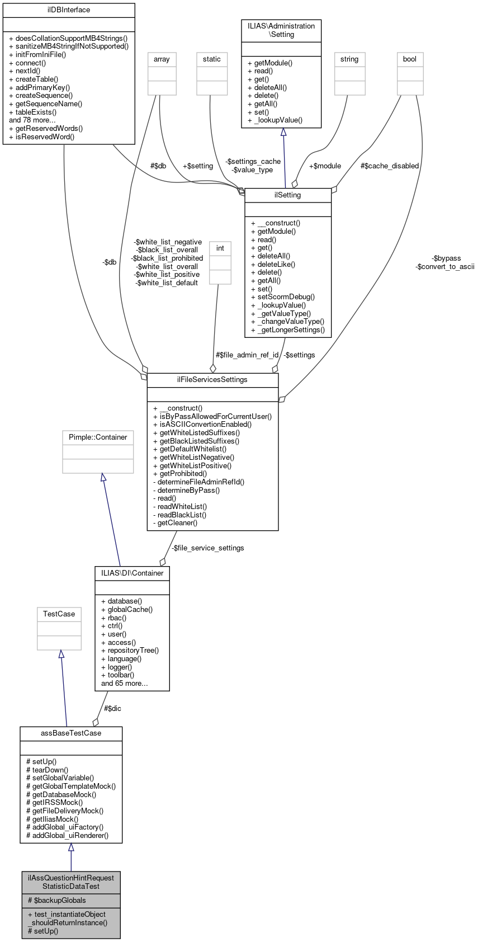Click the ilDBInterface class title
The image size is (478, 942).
point(69,10)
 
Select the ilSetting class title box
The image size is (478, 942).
point(288,195)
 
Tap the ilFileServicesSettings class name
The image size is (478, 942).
point(212,380)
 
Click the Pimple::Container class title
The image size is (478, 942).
point(98,437)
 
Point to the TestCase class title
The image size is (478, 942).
point(59,614)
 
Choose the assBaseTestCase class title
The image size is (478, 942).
point(71,733)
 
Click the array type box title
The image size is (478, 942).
point(162,59)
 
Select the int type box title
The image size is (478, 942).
point(220,248)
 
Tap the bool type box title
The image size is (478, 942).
point(410,59)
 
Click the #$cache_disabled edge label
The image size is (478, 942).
point(389,166)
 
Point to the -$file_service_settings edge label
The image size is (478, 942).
point(207,548)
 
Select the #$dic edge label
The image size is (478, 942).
point(112,709)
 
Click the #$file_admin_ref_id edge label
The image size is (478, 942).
point(247,355)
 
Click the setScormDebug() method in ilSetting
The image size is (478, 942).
point(286,297)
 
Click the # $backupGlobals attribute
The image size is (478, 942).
point(57,901)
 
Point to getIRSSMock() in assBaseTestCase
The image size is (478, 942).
point(58,802)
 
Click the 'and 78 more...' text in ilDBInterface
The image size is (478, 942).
point(32,120)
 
